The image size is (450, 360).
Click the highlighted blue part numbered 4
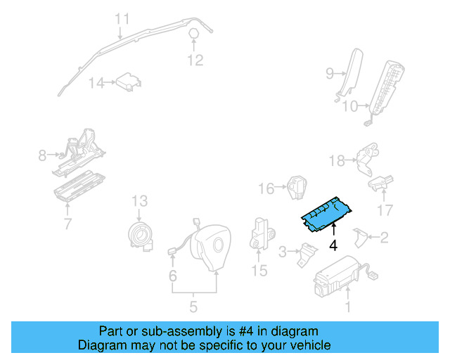pos(326,213)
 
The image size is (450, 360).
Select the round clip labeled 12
pos(195,34)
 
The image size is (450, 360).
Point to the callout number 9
pos(329,72)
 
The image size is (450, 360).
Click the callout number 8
pos(42,155)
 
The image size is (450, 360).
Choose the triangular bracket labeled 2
pos(359,238)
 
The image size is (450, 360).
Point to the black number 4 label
pos(333,245)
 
